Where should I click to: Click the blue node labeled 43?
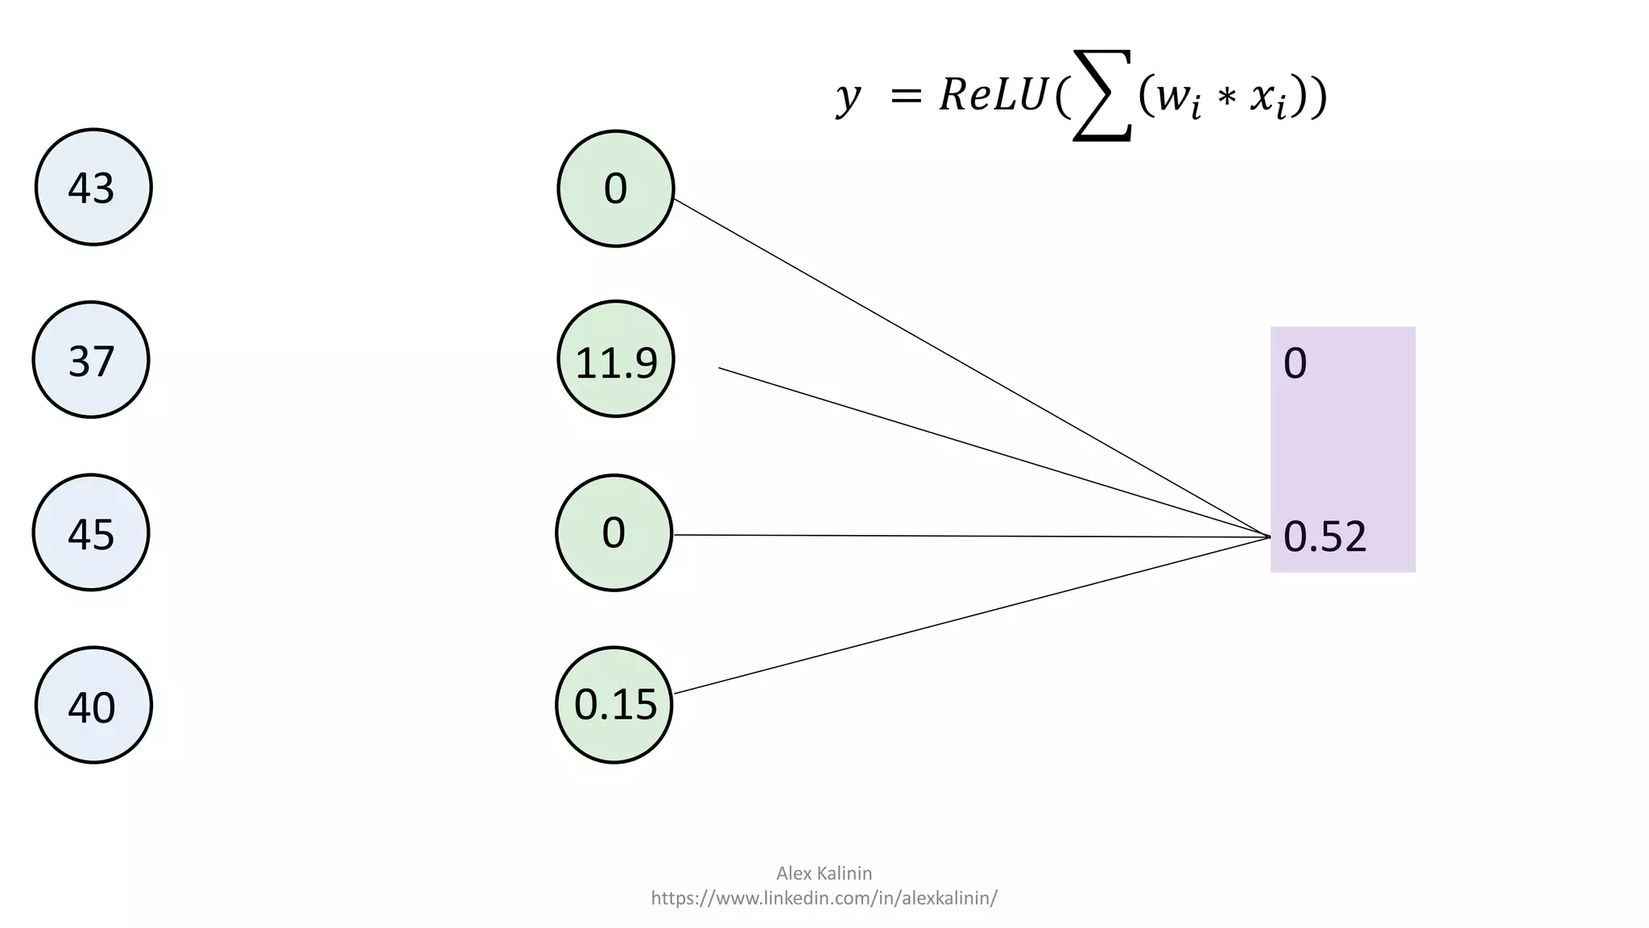point(93,187)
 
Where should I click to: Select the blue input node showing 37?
point(91,359)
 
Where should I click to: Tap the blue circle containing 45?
point(91,532)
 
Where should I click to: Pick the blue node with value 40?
point(93,705)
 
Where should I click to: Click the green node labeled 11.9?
point(616,359)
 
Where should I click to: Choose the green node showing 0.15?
point(614,705)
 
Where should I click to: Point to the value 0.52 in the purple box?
point(1325,536)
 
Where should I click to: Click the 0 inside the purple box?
point(1295,363)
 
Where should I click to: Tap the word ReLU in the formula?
point(993,95)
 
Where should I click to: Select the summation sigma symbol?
point(1103,95)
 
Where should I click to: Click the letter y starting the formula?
point(848,97)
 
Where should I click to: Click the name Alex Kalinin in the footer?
point(824,872)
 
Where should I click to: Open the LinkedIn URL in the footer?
point(824,897)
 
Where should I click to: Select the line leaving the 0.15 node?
point(966,616)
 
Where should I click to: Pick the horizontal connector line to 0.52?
point(966,536)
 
